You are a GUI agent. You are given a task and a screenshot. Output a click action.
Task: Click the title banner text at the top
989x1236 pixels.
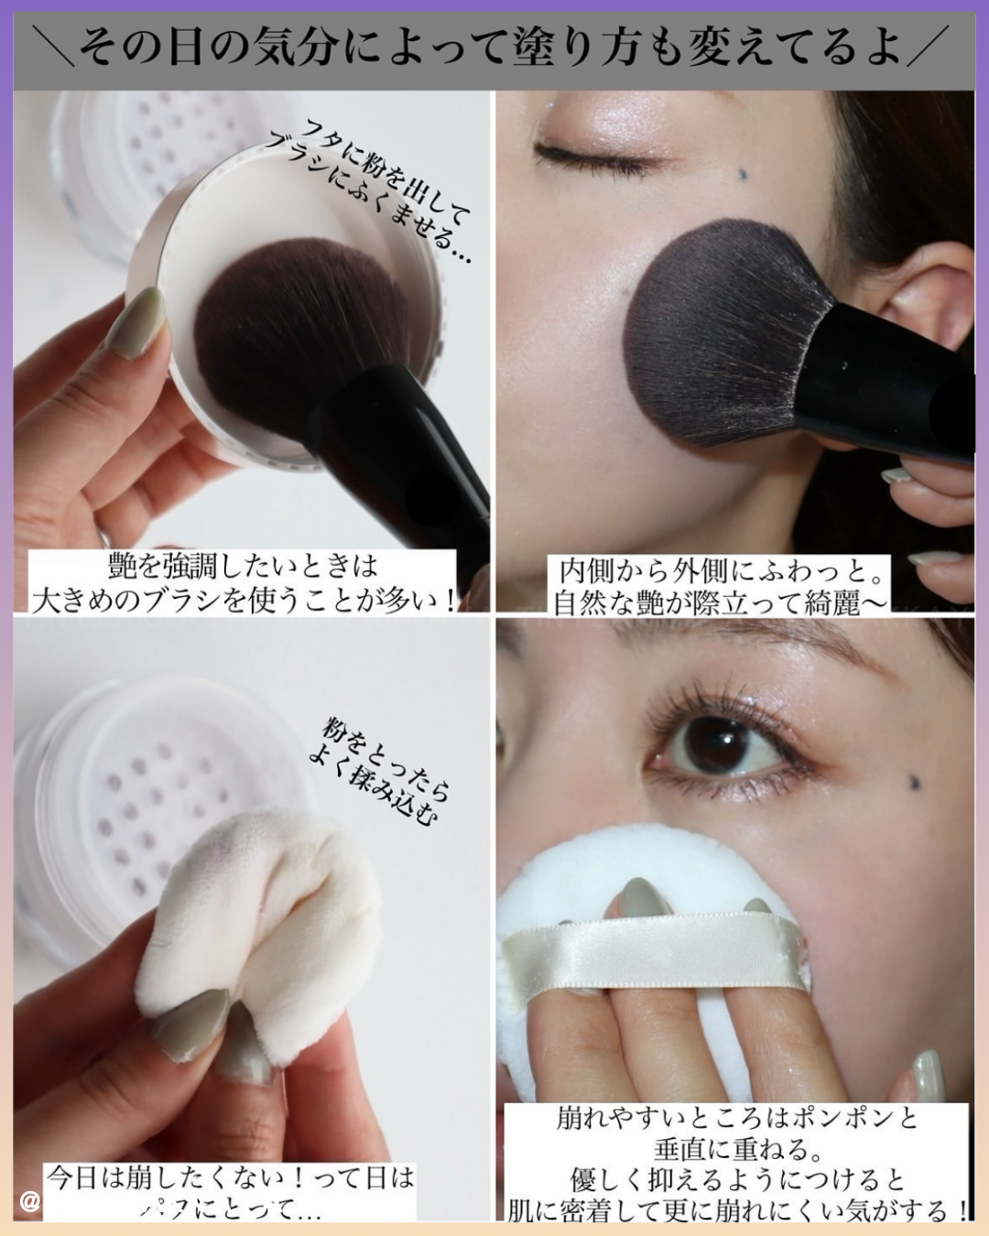click(494, 46)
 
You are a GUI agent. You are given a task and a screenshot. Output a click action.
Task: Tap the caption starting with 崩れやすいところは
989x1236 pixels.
click(737, 1164)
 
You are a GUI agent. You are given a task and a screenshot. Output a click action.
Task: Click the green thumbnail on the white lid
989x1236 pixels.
click(135, 320)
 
